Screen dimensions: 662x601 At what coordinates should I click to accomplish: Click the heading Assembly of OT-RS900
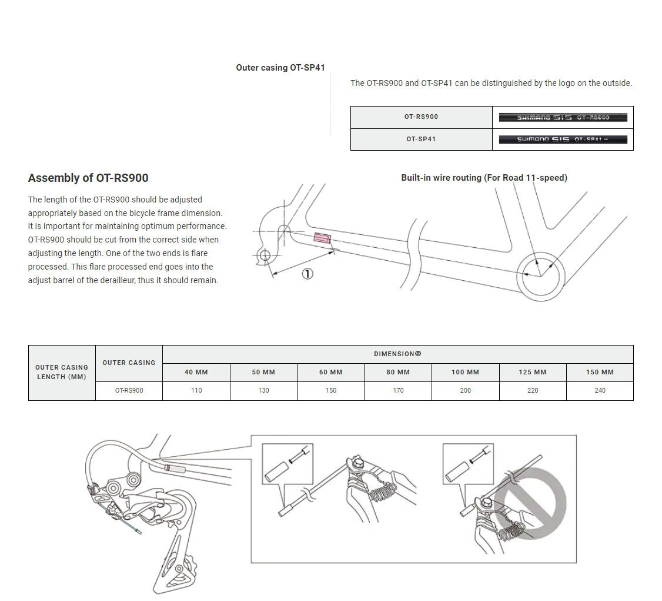[88, 178]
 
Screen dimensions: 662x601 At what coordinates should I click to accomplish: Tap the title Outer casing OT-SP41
[280, 68]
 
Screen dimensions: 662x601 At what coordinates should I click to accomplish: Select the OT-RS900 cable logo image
[563, 118]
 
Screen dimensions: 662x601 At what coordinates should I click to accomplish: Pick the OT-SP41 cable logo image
[563, 140]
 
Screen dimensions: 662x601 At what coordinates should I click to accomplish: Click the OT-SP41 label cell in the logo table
[422, 140]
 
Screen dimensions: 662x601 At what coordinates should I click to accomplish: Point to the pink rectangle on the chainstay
[322, 238]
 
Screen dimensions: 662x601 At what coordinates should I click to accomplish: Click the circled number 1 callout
[307, 274]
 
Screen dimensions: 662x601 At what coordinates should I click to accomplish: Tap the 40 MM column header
[196, 373]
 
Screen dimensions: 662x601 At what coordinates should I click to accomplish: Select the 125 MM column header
[533, 373]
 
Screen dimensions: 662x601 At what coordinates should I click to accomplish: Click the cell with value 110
[196, 390]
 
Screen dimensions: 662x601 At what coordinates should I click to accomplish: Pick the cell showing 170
[398, 390]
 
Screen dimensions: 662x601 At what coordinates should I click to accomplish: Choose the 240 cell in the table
[600, 390]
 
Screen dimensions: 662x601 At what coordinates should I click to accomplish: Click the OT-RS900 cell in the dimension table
[129, 390]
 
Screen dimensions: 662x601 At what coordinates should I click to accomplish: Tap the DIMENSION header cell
[397, 354]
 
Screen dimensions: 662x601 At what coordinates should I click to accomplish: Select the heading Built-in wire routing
[484, 178]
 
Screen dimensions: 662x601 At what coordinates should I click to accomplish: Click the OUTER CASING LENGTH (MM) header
[62, 373]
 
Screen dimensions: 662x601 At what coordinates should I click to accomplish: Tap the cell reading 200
[465, 390]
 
